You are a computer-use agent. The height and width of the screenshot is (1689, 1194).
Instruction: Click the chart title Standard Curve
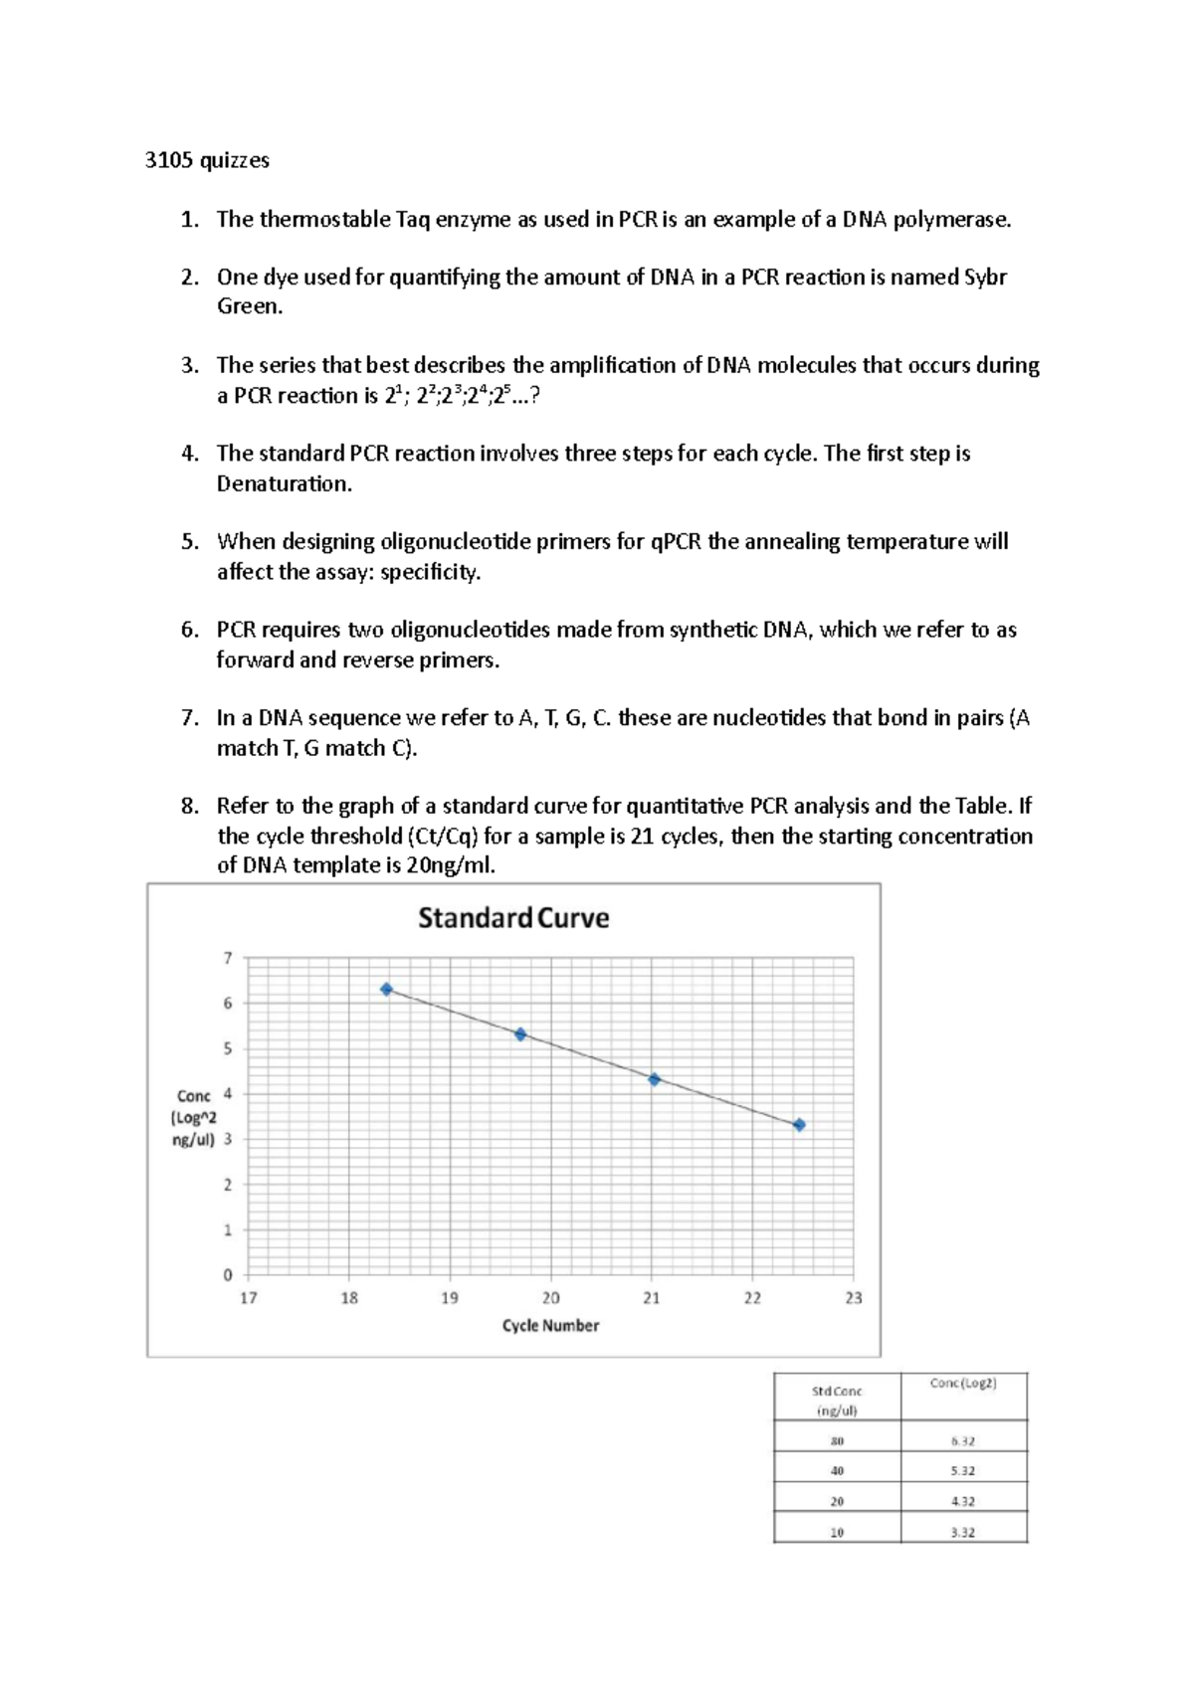pyautogui.click(x=513, y=917)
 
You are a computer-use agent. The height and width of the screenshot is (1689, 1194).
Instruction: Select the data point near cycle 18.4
pyautogui.click(x=387, y=990)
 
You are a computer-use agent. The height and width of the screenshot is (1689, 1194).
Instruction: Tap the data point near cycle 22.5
pyautogui.click(x=799, y=1125)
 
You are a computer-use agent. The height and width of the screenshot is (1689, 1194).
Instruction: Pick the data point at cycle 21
pyautogui.click(x=654, y=1079)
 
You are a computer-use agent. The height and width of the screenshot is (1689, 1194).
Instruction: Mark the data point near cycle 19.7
pyautogui.click(x=520, y=1034)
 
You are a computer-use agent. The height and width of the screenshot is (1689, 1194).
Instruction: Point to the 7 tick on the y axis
pyautogui.click(x=228, y=958)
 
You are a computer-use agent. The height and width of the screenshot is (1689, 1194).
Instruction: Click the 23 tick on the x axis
pyautogui.click(x=854, y=1298)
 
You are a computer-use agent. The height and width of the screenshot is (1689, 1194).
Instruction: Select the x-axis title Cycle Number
pyautogui.click(x=550, y=1325)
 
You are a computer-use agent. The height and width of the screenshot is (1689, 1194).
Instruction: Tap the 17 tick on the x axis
pyautogui.click(x=249, y=1298)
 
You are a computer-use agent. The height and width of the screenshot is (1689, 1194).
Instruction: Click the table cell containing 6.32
pyautogui.click(x=962, y=1440)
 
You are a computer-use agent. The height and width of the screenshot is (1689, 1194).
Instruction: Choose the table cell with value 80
pyautogui.click(x=837, y=1440)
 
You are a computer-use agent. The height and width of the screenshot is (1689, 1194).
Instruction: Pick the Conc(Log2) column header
pyautogui.click(x=962, y=1383)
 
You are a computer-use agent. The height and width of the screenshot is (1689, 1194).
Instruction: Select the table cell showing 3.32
pyautogui.click(x=962, y=1532)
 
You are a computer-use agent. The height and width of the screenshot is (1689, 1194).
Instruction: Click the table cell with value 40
pyautogui.click(x=837, y=1470)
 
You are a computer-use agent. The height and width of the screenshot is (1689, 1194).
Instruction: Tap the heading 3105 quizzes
pyautogui.click(x=207, y=160)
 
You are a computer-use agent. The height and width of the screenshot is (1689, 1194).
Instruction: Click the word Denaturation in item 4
pyautogui.click(x=284, y=483)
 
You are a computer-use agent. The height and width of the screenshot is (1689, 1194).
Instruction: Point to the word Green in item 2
pyautogui.click(x=249, y=306)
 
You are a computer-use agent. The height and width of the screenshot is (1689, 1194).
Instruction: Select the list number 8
pyautogui.click(x=190, y=806)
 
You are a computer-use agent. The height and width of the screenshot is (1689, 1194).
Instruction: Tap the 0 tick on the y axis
pyautogui.click(x=228, y=1274)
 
